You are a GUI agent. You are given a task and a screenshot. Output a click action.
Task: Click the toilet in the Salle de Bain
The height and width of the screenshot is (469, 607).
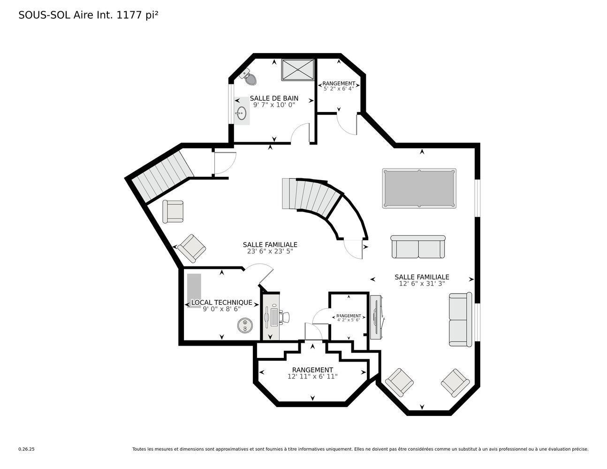tap(249, 78)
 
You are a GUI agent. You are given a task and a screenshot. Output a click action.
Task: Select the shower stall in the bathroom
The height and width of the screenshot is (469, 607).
tap(298, 70)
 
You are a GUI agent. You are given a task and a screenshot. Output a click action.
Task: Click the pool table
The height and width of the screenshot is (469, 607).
tap(419, 188)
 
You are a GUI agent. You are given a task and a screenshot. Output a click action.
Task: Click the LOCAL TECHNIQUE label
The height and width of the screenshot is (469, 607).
tap(221, 303)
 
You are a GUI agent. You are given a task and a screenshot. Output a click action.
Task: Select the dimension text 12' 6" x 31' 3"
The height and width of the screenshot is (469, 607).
tap(422, 283)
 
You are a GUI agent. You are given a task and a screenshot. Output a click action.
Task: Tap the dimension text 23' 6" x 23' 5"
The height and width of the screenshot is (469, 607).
tap(270, 251)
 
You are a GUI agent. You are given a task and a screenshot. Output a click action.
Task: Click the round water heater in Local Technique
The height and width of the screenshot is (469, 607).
tap(245, 325)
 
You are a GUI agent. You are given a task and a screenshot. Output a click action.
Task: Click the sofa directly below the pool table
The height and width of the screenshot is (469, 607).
tap(418, 247)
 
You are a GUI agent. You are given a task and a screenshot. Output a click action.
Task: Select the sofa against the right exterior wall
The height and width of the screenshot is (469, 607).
tap(460, 320)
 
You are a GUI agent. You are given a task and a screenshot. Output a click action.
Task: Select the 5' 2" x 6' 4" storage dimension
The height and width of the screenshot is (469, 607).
tap(339, 88)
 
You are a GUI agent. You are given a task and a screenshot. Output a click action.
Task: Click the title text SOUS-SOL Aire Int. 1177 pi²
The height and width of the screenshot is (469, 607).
tap(88, 15)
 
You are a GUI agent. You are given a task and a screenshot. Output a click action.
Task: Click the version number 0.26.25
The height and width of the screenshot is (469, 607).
tap(26, 449)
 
